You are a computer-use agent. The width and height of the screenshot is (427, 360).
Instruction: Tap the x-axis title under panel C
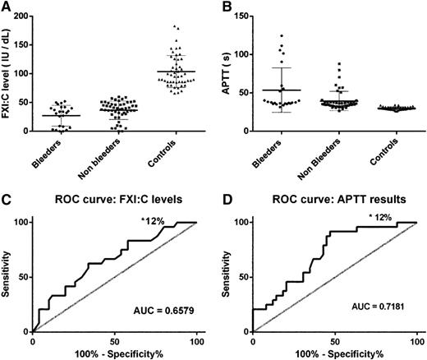coord(114,352)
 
